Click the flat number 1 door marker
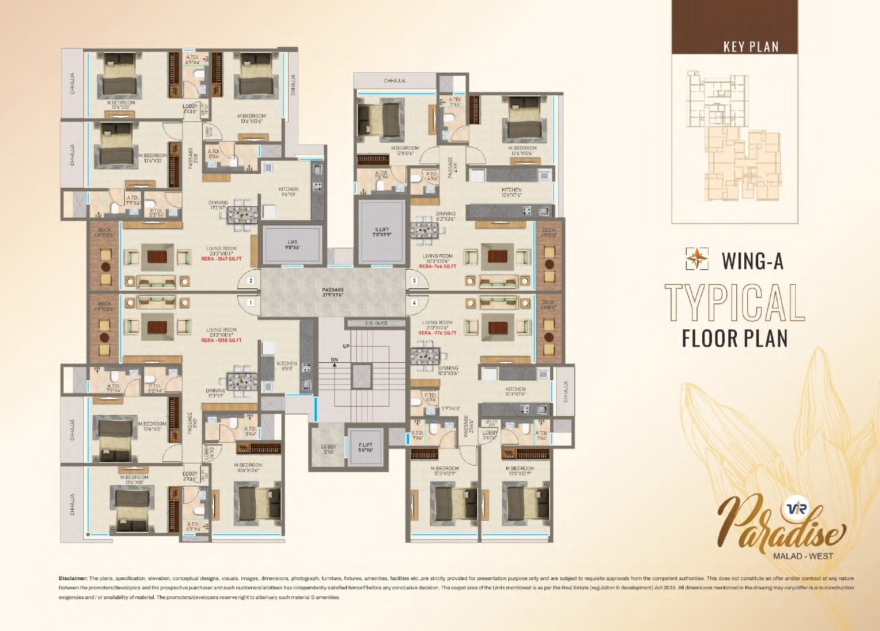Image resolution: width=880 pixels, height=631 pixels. [251, 303]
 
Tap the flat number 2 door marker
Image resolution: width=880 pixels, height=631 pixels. [251, 281]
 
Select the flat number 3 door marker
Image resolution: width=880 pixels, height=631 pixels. [414, 281]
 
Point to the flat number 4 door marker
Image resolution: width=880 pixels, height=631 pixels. [414, 303]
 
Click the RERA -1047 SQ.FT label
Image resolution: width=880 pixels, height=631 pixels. [221, 259]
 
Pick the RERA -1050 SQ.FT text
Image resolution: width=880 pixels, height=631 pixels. [221, 340]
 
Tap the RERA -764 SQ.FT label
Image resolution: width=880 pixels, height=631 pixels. [438, 266]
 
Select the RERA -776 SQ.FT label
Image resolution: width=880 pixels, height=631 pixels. [438, 333]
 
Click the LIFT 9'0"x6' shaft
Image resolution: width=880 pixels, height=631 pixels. [292, 245]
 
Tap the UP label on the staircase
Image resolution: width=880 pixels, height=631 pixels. [346, 346]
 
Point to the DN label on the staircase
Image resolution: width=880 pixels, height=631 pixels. [334, 359]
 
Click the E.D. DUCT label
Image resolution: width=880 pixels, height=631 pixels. [376, 323]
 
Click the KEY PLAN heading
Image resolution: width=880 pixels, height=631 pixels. [751, 47]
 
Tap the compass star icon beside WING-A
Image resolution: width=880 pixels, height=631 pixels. [697, 259]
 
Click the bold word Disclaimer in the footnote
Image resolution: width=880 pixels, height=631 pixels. [73, 578]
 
